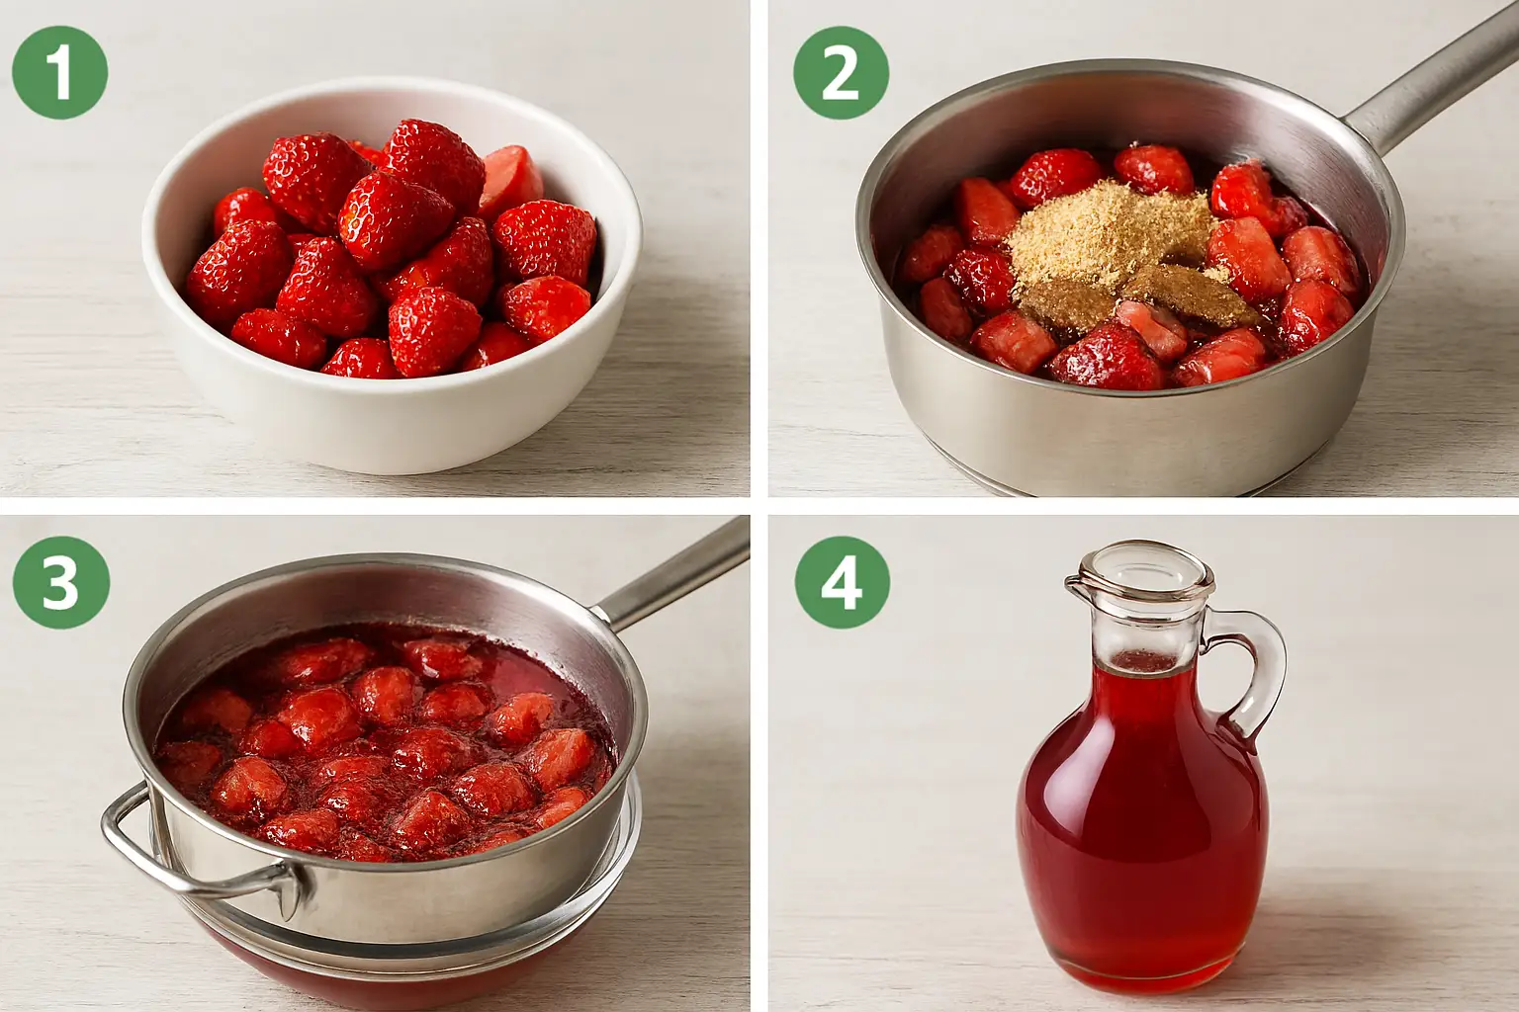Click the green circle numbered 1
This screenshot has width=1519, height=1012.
tap(59, 72)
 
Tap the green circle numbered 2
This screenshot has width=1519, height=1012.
tap(841, 72)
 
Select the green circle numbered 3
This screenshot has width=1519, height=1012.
tap(61, 582)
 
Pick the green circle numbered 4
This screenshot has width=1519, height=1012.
tap(843, 582)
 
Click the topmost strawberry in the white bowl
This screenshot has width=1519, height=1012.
tap(434, 159)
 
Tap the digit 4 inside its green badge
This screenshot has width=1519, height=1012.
tap(842, 583)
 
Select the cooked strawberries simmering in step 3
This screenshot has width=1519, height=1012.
tap(387, 745)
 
